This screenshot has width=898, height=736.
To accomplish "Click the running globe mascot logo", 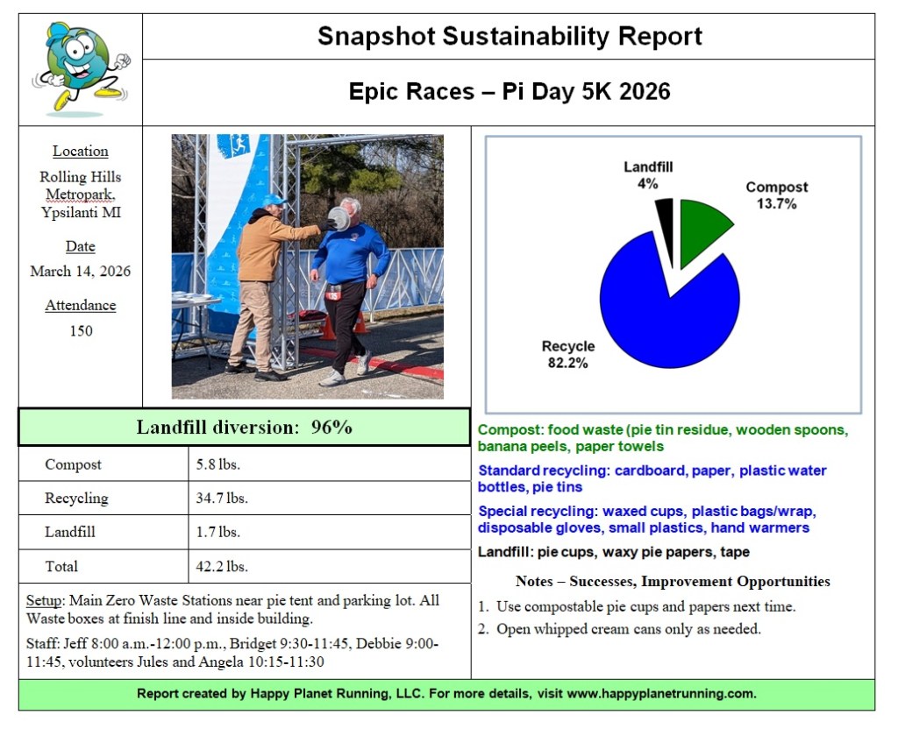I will point(81,69).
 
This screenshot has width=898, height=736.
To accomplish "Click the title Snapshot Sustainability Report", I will point(509,37).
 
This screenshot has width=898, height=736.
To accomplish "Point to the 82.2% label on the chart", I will point(567,362).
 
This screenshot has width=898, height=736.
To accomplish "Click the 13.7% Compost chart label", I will point(776,203).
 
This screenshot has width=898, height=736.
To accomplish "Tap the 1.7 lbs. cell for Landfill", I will point(217,532).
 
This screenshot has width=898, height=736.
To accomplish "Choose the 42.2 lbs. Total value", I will point(222,566).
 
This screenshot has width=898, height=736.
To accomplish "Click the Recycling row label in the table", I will point(76,498).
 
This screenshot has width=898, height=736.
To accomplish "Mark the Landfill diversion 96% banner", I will point(244,427).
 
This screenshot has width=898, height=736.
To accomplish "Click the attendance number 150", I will point(81,330).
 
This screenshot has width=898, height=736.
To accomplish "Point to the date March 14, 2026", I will point(81,271).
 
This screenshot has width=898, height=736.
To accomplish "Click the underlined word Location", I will point(81,151).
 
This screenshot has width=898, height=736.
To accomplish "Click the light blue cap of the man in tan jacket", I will point(274,200).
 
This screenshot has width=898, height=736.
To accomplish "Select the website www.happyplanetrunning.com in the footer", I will point(660,693).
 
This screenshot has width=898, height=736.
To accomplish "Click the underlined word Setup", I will point(41,601).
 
